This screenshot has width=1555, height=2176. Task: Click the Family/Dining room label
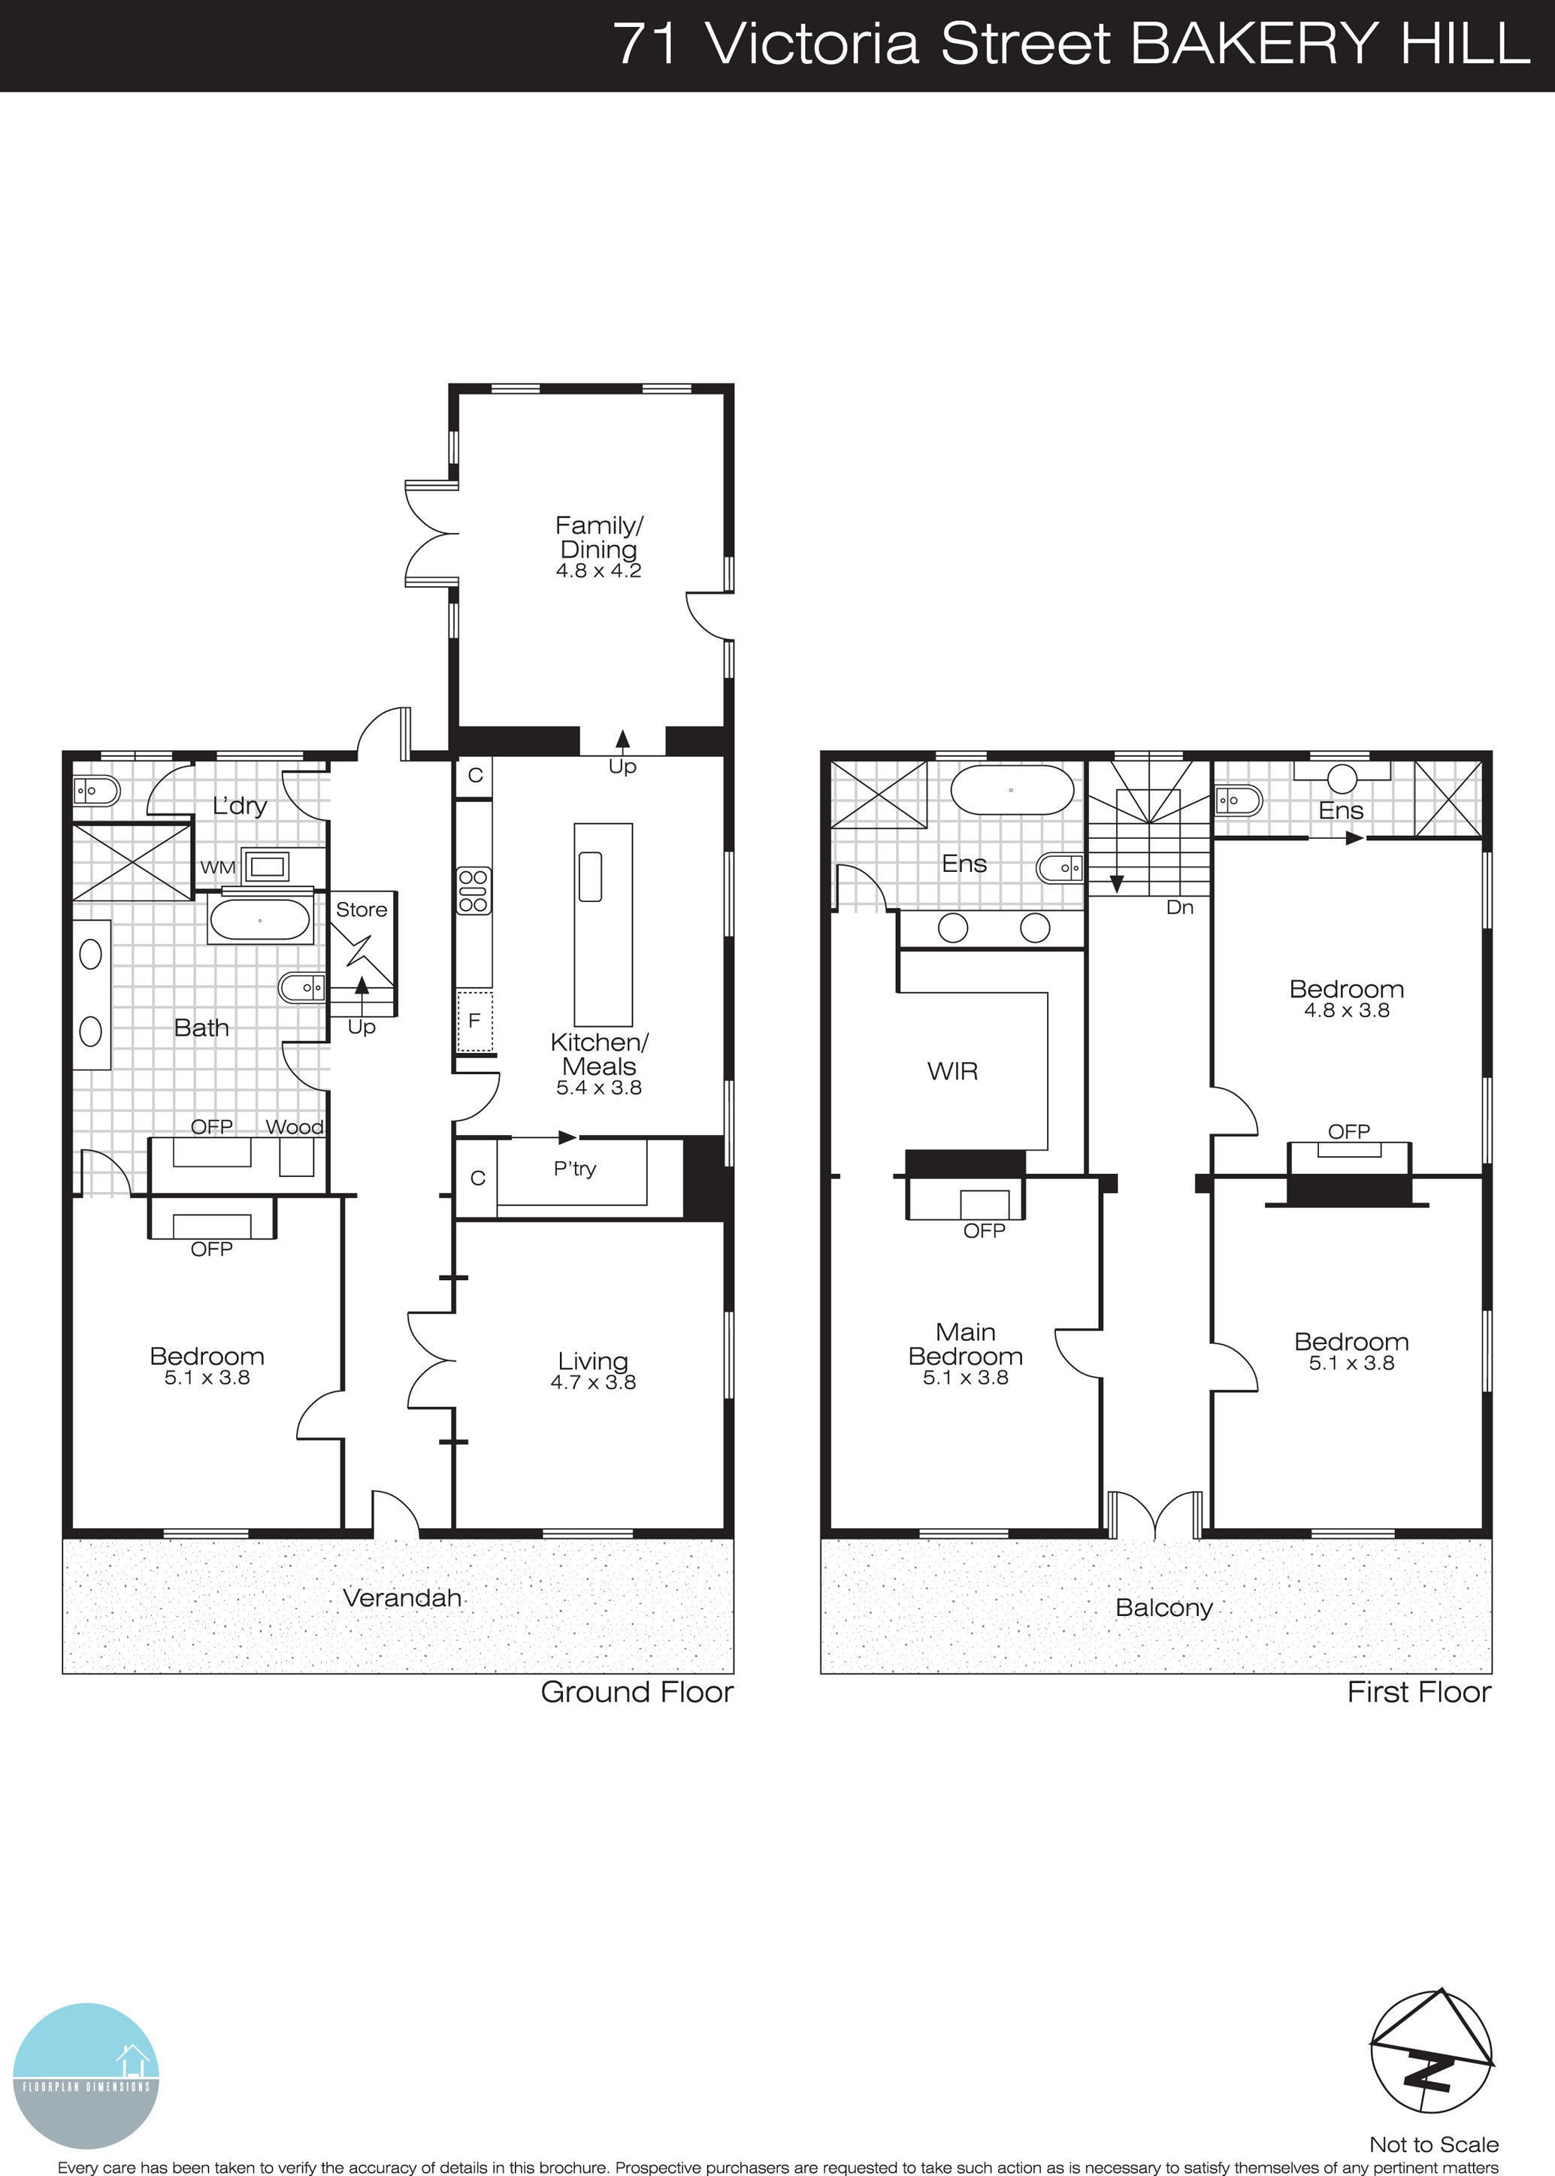pos(598,537)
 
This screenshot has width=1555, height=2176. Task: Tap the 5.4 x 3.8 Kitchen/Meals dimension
pos(598,1088)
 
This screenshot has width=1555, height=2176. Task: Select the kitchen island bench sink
pos(591,876)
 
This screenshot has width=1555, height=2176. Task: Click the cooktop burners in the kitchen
pos(473,890)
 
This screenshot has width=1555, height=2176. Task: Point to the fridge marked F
pos(474,1021)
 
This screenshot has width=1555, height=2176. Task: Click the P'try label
pos(574,1168)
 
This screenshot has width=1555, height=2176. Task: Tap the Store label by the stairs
pos(361,909)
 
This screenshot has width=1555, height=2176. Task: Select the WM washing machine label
pos(217,867)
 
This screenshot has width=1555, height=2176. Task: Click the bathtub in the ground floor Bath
pos(259,921)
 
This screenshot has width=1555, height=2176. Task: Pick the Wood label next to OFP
pos(294,1127)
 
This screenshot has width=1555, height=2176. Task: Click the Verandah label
pos(402,1598)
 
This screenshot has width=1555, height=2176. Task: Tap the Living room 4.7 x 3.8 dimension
pos(593,1382)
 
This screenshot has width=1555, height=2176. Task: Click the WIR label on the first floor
pos(953,1071)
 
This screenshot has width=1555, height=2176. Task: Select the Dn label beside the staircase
pos(1180,907)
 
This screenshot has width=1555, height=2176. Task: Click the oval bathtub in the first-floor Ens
pos(1012,791)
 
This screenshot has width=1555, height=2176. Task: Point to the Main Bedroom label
pos(965,1344)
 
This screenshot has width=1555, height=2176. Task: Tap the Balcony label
pos(1163,1607)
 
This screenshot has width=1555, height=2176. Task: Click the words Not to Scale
pos(1433,2144)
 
